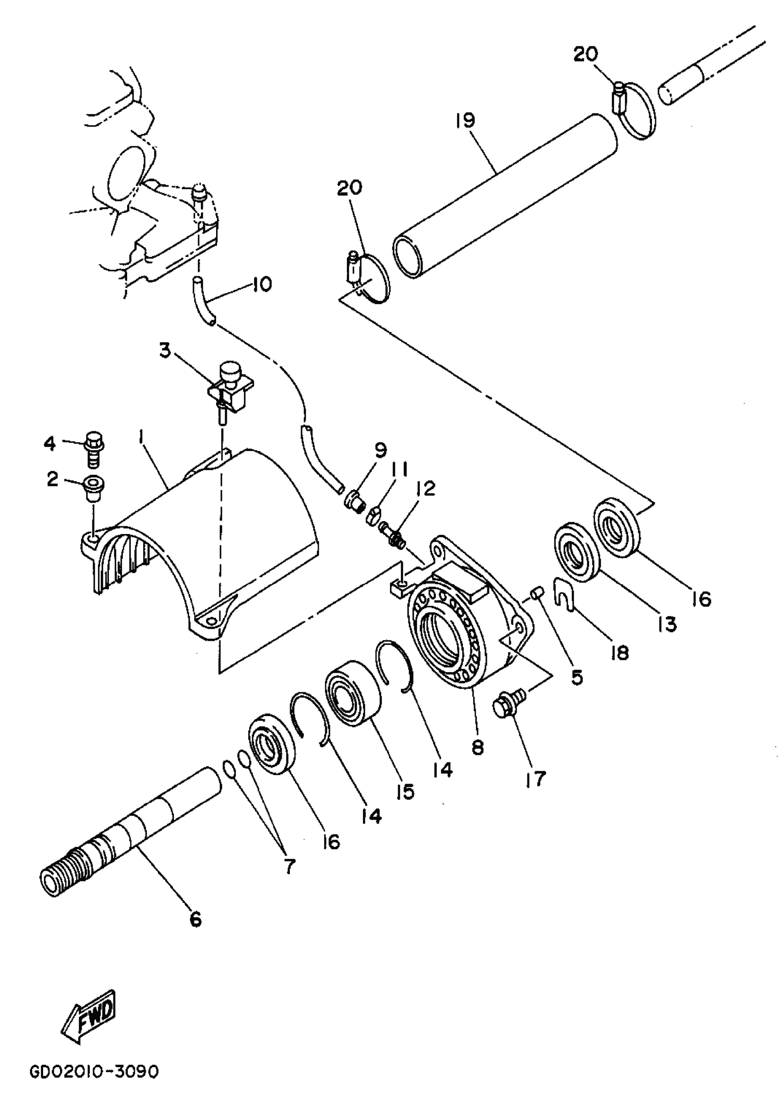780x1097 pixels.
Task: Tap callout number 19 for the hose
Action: click(x=465, y=120)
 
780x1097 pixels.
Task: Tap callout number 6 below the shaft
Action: click(x=195, y=919)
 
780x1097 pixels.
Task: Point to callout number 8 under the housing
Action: click(x=478, y=747)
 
